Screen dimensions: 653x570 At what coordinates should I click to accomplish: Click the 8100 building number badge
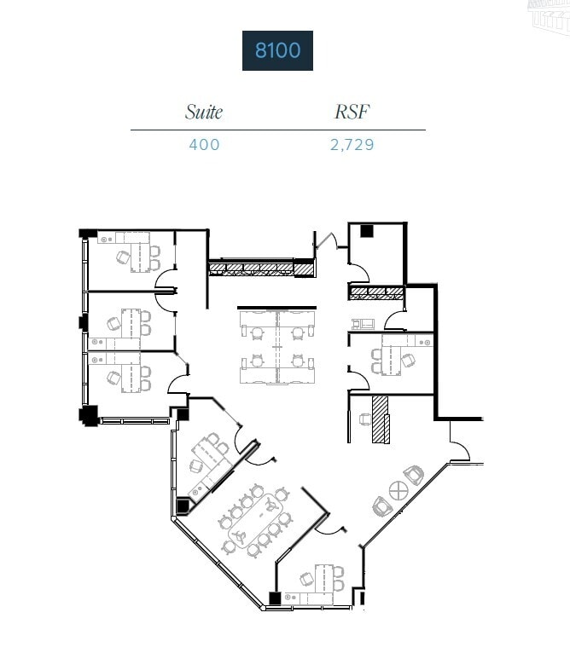pyautogui.click(x=277, y=50)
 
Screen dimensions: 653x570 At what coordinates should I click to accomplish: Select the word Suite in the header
pyautogui.click(x=204, y=112)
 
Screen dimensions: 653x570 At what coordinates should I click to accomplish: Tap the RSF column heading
pyautogui.click(x=352, y=112)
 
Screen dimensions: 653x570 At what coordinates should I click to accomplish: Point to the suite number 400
pyautogui.click(x=204, y=145)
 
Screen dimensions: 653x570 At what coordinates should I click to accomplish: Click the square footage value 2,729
pyautogui.click(x=352, y=145)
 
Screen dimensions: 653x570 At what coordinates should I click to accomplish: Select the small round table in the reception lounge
pyautogui.click(x=398, y=491)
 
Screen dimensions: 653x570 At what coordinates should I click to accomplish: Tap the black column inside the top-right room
pyautogui.click(x=367, y=230)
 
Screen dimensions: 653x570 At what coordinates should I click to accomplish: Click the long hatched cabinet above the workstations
pyautogui.click(x=260, y=269)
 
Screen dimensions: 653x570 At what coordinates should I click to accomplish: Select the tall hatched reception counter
pyautogui.click(x=381, y=419)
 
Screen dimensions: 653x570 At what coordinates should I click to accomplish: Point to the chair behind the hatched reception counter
pyautogui.click(x=364, y=419)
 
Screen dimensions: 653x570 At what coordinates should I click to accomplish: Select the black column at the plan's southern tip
pyautogui.click(x=275, y=599)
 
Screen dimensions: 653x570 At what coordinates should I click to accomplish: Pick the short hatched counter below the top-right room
pyautogui.click(x=375, y=293)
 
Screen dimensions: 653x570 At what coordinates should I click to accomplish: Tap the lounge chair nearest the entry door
pyautogui.click(x=414, y=475)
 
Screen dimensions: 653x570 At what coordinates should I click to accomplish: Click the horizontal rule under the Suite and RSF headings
pyautogui.click(x=277, y=130)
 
